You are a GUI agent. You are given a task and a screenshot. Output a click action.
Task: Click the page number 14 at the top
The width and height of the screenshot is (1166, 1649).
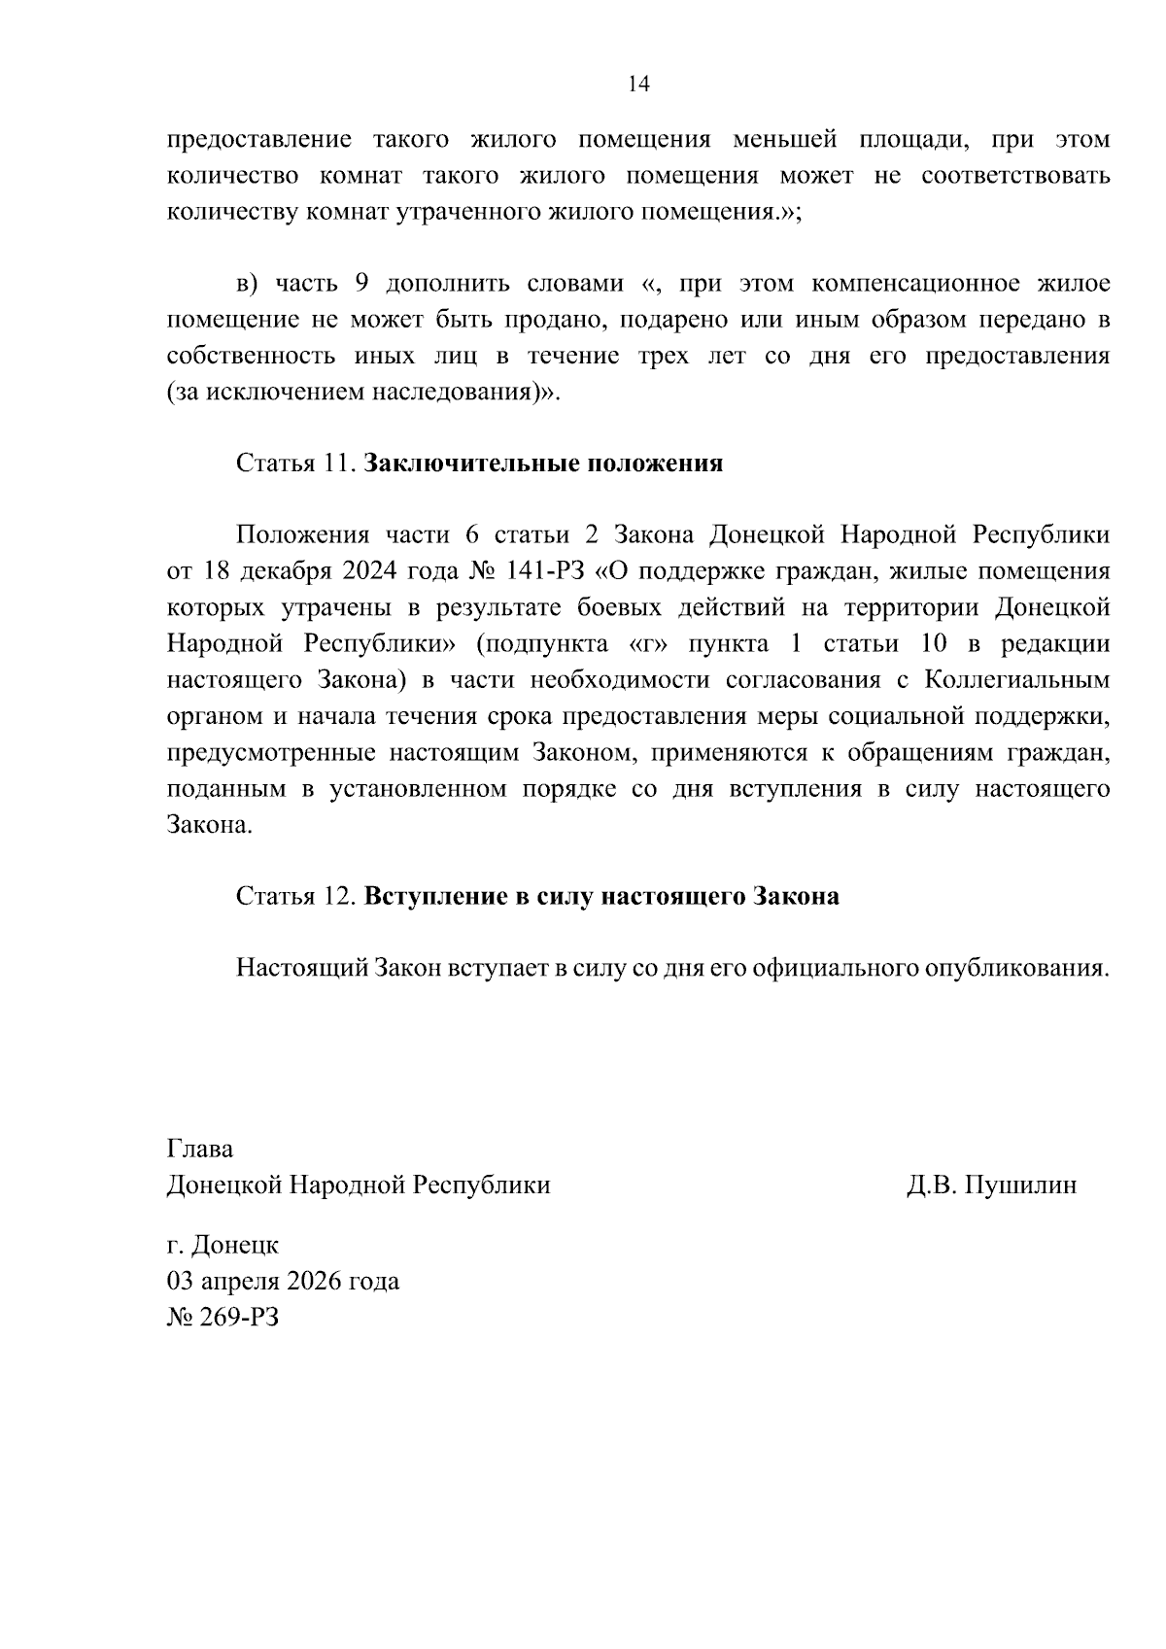638,85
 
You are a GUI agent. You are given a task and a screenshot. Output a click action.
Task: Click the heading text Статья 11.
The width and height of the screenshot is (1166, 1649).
296,464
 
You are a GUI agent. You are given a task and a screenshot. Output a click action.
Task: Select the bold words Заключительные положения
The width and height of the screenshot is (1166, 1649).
543,464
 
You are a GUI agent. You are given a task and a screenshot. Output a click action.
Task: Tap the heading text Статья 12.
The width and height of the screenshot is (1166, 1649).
296,896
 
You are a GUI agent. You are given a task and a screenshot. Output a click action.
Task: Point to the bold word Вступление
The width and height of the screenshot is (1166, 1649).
431,896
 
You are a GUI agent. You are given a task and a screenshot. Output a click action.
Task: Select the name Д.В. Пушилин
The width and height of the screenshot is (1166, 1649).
991,1185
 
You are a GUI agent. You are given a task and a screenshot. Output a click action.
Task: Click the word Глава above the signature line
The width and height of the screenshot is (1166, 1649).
200,1149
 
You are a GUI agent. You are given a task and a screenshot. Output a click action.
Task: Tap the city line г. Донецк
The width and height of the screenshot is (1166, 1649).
223,1245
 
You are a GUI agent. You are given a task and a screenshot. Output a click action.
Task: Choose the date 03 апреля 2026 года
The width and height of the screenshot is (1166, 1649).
283,1281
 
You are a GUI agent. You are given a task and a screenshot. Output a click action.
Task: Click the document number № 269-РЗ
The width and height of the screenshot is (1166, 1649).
223,1318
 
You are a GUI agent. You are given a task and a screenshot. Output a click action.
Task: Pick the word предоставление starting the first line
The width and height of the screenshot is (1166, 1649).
258,140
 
